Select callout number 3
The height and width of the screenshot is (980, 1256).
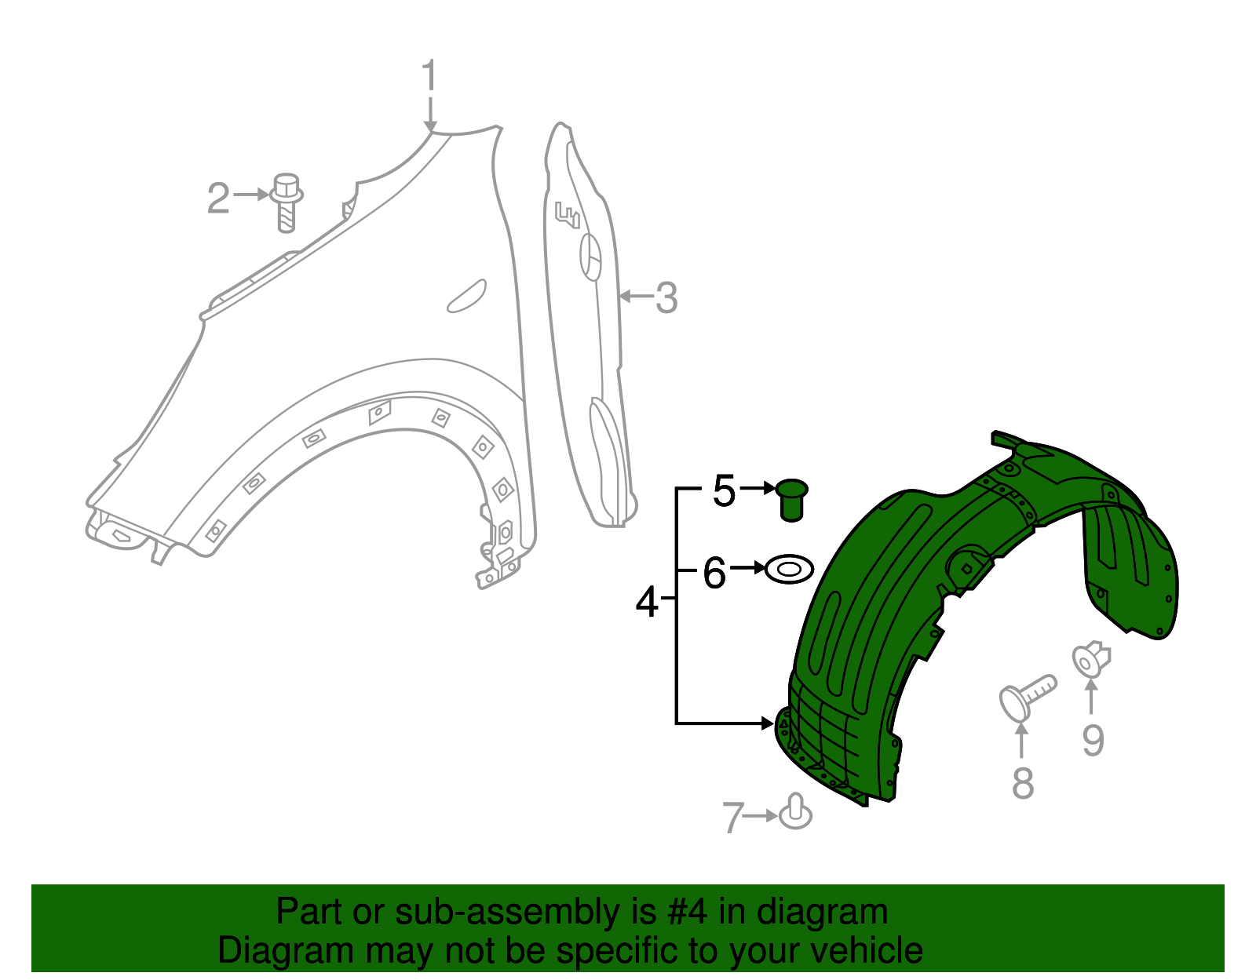point(666,298)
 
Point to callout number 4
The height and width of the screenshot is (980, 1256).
point(647,602)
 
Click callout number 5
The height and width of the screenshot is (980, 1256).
point(724,491)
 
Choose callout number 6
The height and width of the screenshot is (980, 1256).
point(714,572)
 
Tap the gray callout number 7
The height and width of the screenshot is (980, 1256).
point(732,818)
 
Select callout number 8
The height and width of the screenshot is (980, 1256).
point(1022,783)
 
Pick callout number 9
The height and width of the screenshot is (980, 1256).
point(1093,740)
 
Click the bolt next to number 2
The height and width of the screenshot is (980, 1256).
point(287,201)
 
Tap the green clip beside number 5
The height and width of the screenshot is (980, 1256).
point(791,499)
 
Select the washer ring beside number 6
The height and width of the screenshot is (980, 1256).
point(789,569)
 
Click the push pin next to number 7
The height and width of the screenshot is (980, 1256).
point(796,813)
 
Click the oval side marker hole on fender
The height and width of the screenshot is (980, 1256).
point(466,296)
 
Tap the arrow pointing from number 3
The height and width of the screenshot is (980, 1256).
point(636,297)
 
